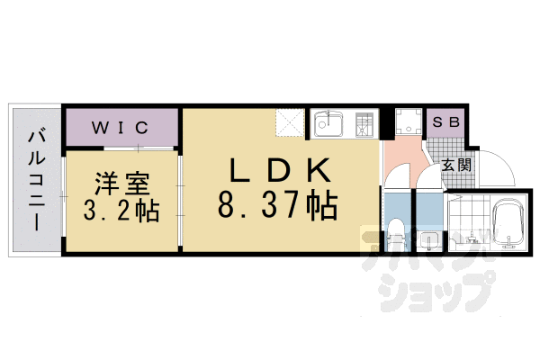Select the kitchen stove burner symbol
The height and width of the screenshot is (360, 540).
click(364, 123)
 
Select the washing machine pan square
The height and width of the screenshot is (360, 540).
click(409, 123)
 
